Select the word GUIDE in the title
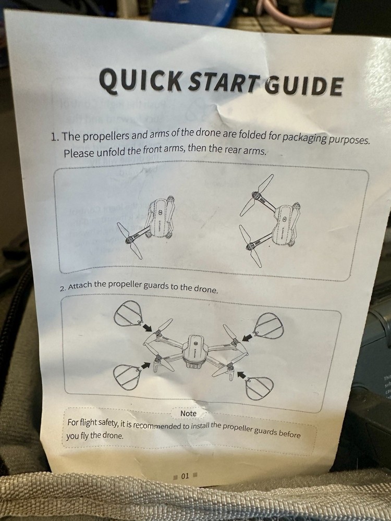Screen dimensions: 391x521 tap(303, 85)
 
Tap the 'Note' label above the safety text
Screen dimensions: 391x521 tap(188, 413)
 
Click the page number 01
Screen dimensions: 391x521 tap(185, 476)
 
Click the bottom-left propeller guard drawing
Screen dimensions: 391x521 tap(127, 377)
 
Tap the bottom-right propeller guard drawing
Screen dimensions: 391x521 tap(259, 388)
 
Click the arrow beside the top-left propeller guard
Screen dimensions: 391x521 tap(147, 328)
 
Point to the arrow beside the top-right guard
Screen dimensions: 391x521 tap(247, 338)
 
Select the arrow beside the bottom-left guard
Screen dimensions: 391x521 tap(145, 365)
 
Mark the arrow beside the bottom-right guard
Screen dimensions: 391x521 tap(242, 375)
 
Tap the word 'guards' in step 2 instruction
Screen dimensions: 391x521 tap(155, 286)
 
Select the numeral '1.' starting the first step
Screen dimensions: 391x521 tap(55, 137)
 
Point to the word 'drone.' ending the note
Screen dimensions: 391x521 tap(113, 435)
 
